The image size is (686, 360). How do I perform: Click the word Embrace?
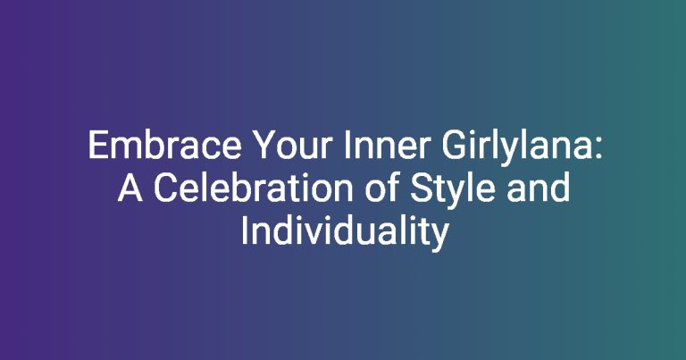coord(165,146)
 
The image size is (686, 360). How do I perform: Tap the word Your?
coord(293,146)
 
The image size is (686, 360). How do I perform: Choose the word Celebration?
coord(254,188)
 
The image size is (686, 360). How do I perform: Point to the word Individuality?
coord(345,233)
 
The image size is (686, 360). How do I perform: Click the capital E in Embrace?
coord(97,146)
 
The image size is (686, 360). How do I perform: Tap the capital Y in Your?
coord(264,146)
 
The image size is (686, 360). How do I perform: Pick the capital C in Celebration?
coord(165,188)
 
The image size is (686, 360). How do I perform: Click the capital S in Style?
coord(422,188)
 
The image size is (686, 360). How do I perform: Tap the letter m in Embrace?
coord(126,149)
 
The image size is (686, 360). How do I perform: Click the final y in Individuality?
coord(440,239)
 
